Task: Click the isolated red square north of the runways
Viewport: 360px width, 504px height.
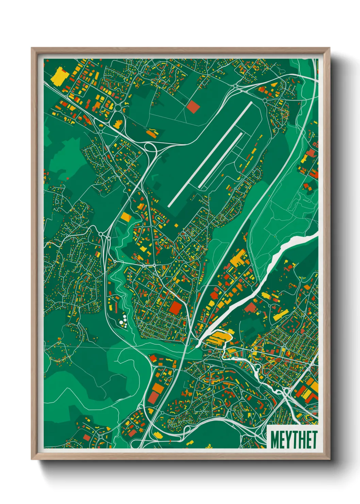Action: coord(193,106)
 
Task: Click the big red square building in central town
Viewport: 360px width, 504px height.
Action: coord(176,308)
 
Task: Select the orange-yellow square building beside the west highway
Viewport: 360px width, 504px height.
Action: coord(126,217)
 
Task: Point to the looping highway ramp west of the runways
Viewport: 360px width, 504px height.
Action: coord(149,147)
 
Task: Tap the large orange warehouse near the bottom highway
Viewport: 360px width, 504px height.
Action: coord(157,388)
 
